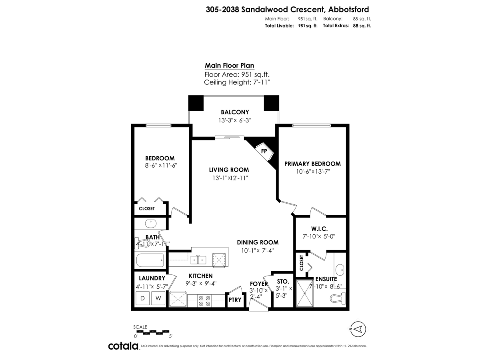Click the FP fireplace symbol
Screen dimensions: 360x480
point(264,152)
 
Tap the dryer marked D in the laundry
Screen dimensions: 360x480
point(143,298)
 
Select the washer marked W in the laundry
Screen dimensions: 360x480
point(158,298)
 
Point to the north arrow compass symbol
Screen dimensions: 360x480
point(358,329)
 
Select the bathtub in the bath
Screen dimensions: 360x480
point(150,261)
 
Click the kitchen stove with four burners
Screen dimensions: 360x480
point(205,300)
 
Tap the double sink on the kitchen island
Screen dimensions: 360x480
point(198,260)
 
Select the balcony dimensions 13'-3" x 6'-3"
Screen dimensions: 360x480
point(235,120)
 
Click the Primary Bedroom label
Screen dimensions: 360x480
point(312,164)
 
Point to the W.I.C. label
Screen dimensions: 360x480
point(319,229)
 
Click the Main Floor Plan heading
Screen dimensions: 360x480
point(229,66)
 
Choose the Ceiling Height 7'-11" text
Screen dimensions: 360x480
point(237,82)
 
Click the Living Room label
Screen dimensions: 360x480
point(231,170)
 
